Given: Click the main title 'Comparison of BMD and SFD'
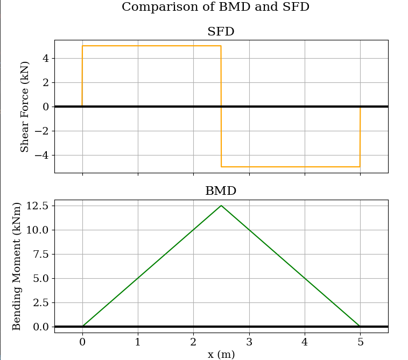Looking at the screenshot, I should (215, 7).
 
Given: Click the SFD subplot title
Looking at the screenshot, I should (221, 32).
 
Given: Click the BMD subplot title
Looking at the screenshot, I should (221, 191).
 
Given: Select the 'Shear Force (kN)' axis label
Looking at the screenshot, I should (25, 107).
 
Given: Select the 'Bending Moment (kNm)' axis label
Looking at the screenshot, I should (17, 266).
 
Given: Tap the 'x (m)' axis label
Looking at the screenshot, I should (221, 354).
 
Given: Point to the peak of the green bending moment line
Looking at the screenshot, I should (221, 206).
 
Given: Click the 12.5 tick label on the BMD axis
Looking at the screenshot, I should (37, 206).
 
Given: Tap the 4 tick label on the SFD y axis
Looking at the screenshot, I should (46, 58).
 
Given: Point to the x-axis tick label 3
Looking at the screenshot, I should (249, 341).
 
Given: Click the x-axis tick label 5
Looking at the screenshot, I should (360, 341).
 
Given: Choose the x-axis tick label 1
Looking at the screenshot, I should (138, 341).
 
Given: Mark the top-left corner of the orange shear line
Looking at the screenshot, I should (82, 46).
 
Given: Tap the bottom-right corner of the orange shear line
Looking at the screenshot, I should (360, 167).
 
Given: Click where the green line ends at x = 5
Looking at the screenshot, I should (360, 326).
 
